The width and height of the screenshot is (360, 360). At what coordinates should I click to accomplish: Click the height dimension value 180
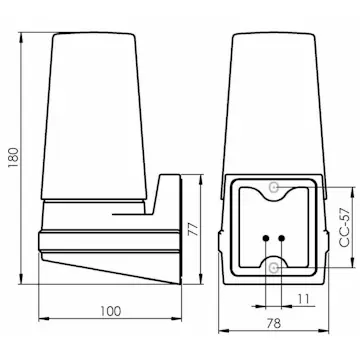click(11, 153)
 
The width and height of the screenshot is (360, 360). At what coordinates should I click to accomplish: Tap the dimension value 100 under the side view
click(110, 311)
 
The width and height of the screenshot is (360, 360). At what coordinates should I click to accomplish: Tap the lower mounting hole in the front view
click(276, 267)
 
